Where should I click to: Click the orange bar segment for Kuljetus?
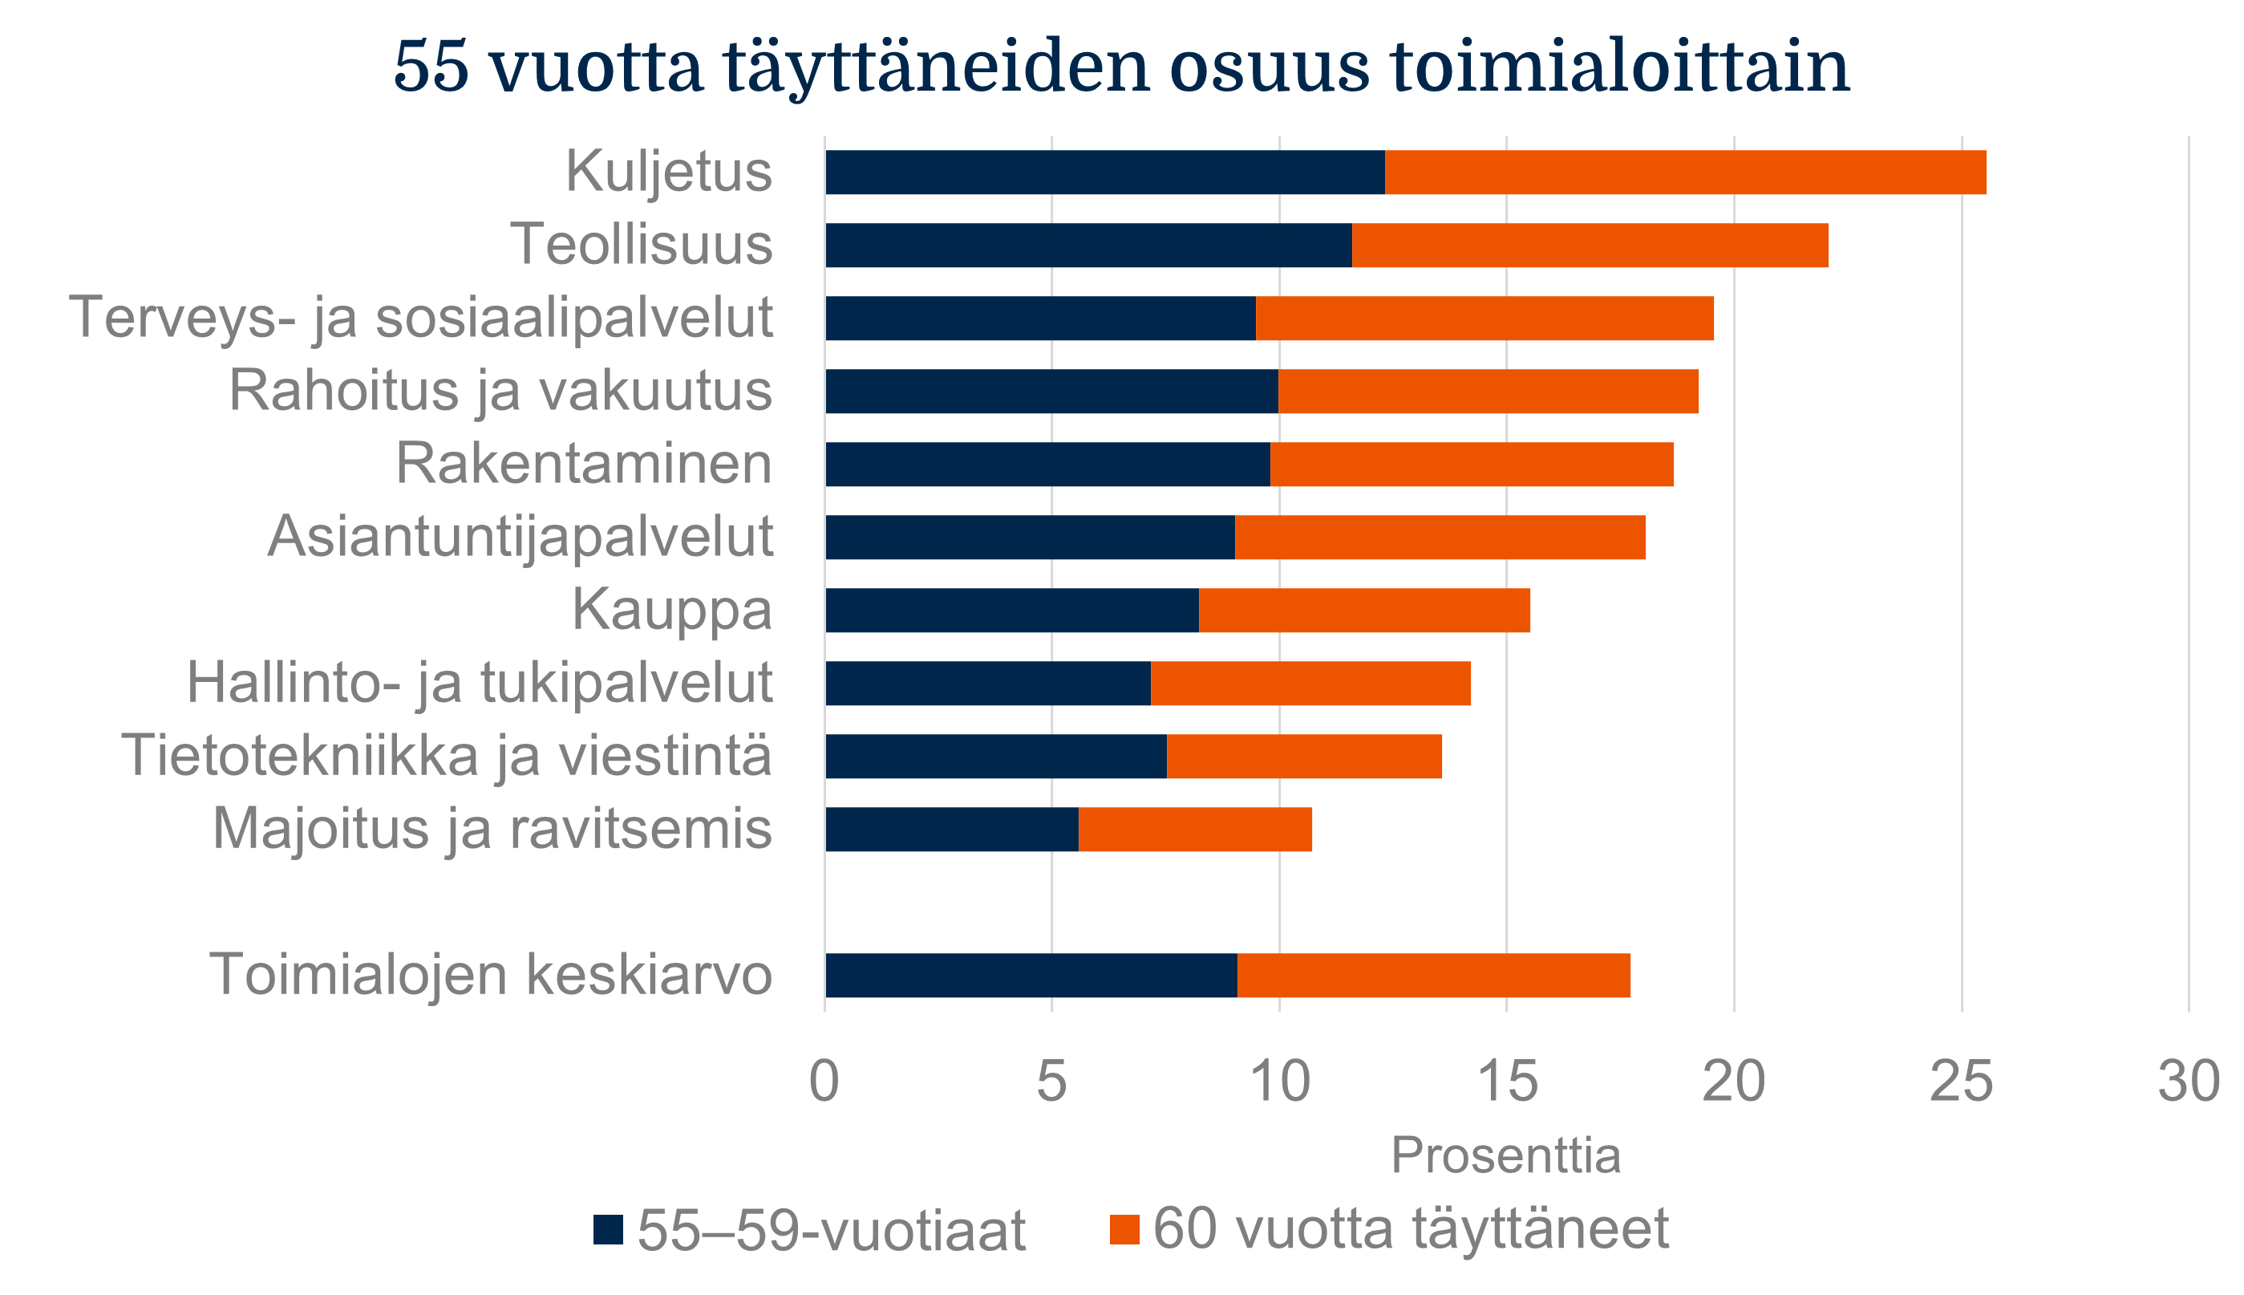coord(1685,172)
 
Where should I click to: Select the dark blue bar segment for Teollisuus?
coord(1088,245)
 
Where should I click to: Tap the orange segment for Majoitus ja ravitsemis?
coord(1194,829)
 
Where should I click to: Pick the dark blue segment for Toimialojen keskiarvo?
coord(1031,975)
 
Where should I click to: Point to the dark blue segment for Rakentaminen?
coord(1047,465)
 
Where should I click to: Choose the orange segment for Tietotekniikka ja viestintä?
coord(1303,756)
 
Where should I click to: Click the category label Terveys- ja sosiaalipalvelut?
coord(420,318)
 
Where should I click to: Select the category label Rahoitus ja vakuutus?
coord(500,391)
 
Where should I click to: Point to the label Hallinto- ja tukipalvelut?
coord(480,683)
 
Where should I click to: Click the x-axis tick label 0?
coord(824,1082)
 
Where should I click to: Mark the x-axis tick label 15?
coord(1507,1082)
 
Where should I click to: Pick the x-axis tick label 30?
coord(2189,1082)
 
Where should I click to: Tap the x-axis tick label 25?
coord(1961,1082)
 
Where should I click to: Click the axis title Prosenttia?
coord(1505,1155)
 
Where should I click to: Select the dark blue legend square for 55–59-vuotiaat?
coord(608,1229)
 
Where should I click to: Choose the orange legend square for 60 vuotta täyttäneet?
coord(1124,1229)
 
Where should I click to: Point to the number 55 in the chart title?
coord(431,67)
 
